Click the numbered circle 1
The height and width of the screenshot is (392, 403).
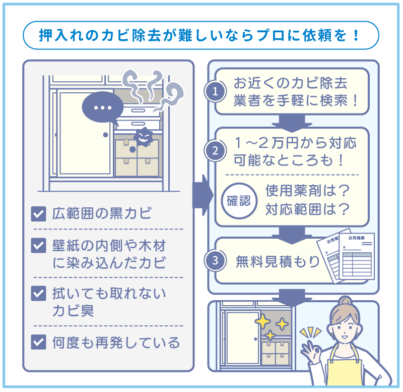pos(215,92)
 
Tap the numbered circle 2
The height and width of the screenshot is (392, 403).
pos(215,150)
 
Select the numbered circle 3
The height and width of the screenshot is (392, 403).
pos(215,261)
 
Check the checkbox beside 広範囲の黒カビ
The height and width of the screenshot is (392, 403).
pos(38,214)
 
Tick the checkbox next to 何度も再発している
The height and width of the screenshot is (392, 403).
pos(38,343)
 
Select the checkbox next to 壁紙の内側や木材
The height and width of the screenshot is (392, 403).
pos(38,246)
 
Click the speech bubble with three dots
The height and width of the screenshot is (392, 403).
pos(102,107)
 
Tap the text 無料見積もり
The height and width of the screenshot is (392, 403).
pos(278,261)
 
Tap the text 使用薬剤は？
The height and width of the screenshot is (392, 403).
pos(307,191)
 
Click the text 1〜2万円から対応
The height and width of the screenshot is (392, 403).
pos(295,143)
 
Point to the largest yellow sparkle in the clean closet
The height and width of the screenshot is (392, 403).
pos(262,319)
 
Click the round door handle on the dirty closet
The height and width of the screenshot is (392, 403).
pos(106,135)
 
